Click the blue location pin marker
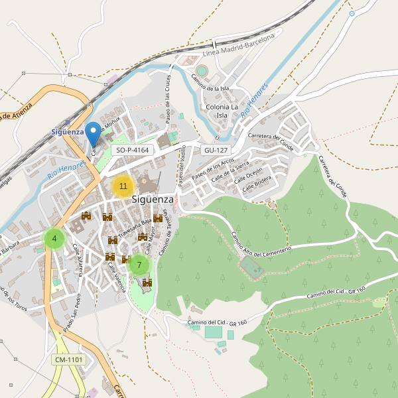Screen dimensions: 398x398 [94, 133]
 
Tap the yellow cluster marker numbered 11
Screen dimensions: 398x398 [123, 186]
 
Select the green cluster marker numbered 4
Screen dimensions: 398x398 [54, 238]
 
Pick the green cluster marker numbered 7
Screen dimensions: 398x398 [139, 265]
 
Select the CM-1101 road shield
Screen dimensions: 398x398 [69, 360]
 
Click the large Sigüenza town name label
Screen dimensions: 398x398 [153, 199]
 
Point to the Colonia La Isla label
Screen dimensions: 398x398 [222, 111]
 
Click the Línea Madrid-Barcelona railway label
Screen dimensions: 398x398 [238, 45]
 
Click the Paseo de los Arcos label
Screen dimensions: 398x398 [212, 170]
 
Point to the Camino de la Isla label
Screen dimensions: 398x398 [210, 82]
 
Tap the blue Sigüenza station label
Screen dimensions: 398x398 [68, 132]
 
